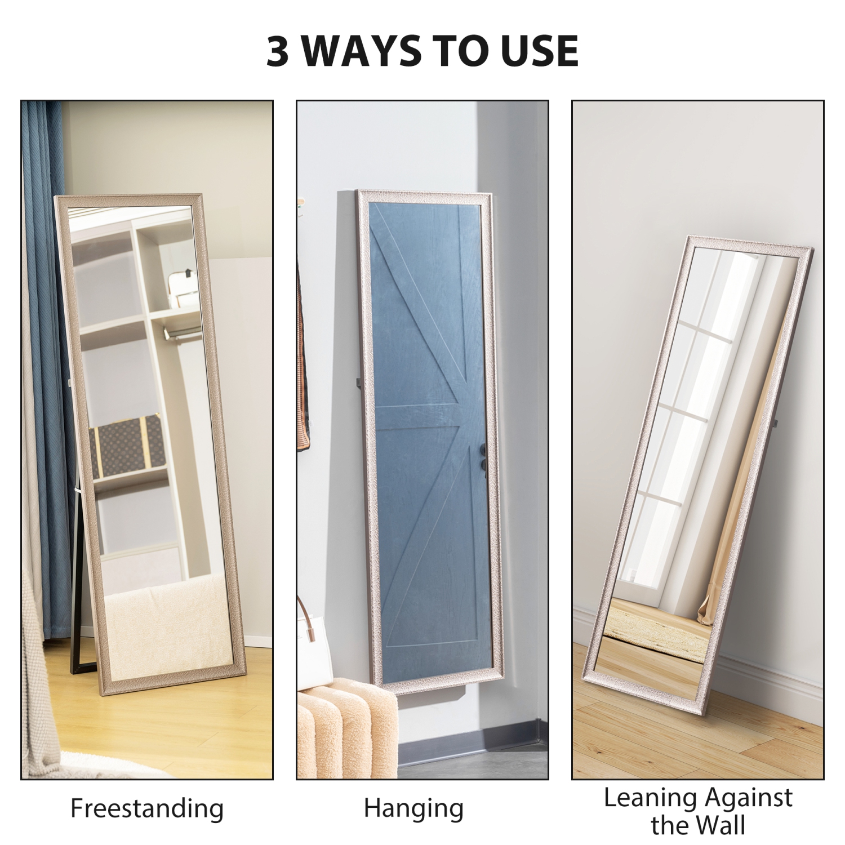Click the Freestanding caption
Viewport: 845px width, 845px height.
[147, 808]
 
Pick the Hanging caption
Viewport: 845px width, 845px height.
[413, 808]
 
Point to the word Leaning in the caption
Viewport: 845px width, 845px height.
[643, 798]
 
